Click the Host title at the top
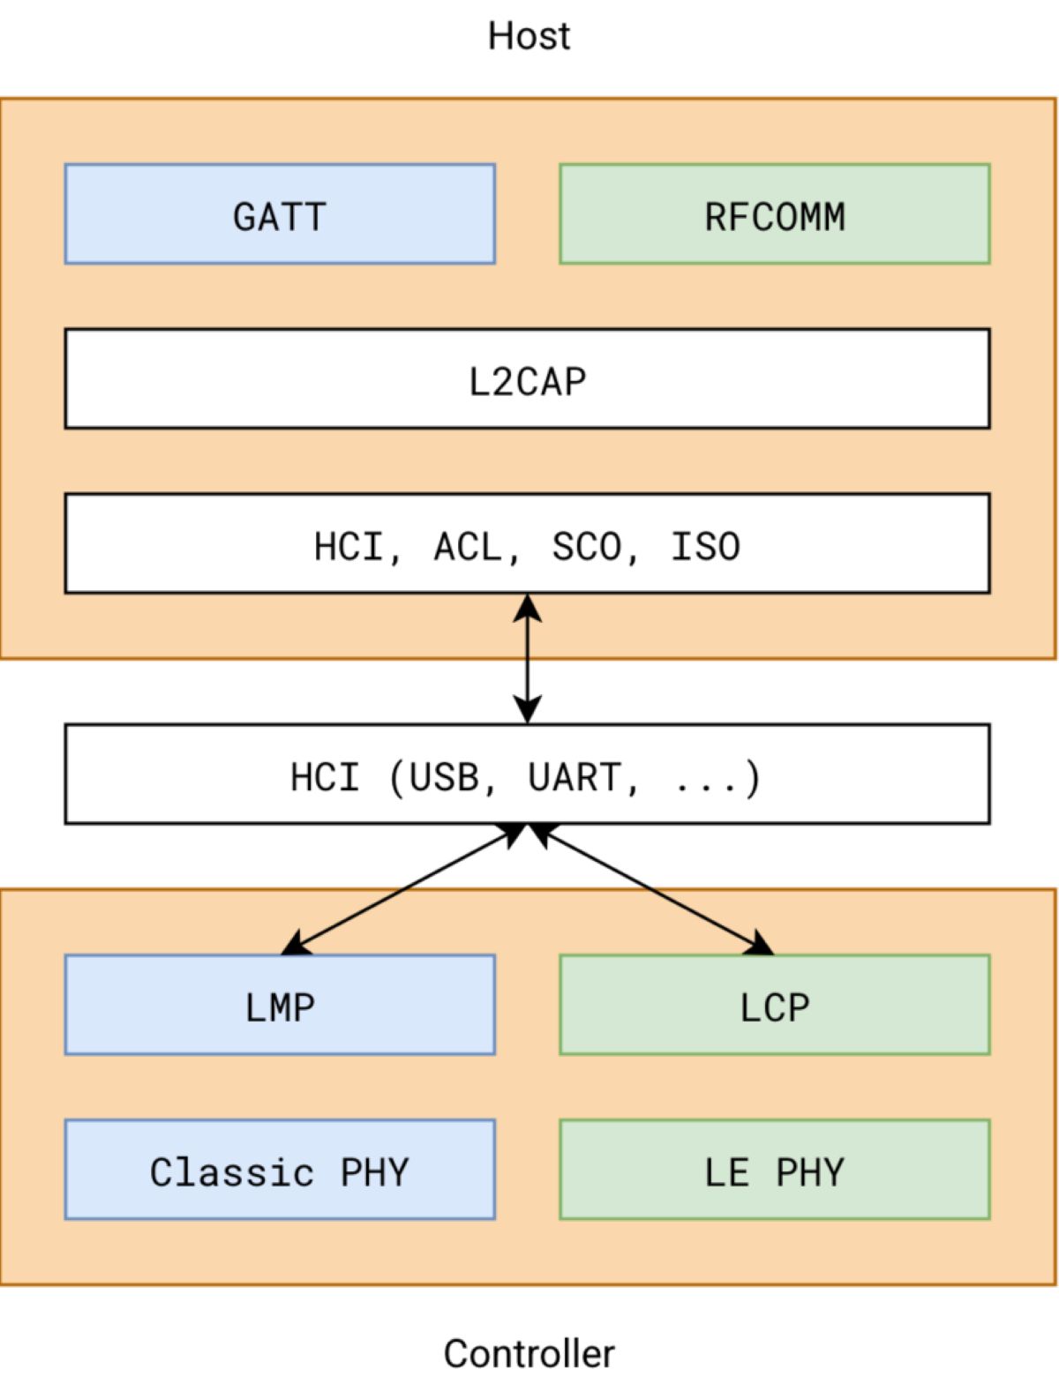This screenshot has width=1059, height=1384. (x=529, y=36)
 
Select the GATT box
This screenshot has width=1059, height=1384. (x=280, y=214)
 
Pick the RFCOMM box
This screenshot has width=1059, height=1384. (x=775, y=214)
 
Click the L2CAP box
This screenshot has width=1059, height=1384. (x=527, y=379)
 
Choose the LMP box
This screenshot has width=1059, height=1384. (x=280, y=1005)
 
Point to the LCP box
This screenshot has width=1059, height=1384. (x=775, y=1005)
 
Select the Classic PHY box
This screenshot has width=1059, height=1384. (x=280, y=1170)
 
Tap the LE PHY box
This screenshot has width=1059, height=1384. (x=775, y=1170)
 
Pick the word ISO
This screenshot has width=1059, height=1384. (x=705, y=546)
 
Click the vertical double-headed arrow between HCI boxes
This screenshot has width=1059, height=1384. (x=527, y=658)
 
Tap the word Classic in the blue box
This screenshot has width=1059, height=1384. (x=231, y=1171)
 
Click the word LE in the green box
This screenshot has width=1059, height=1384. (x=726, y=1171)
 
